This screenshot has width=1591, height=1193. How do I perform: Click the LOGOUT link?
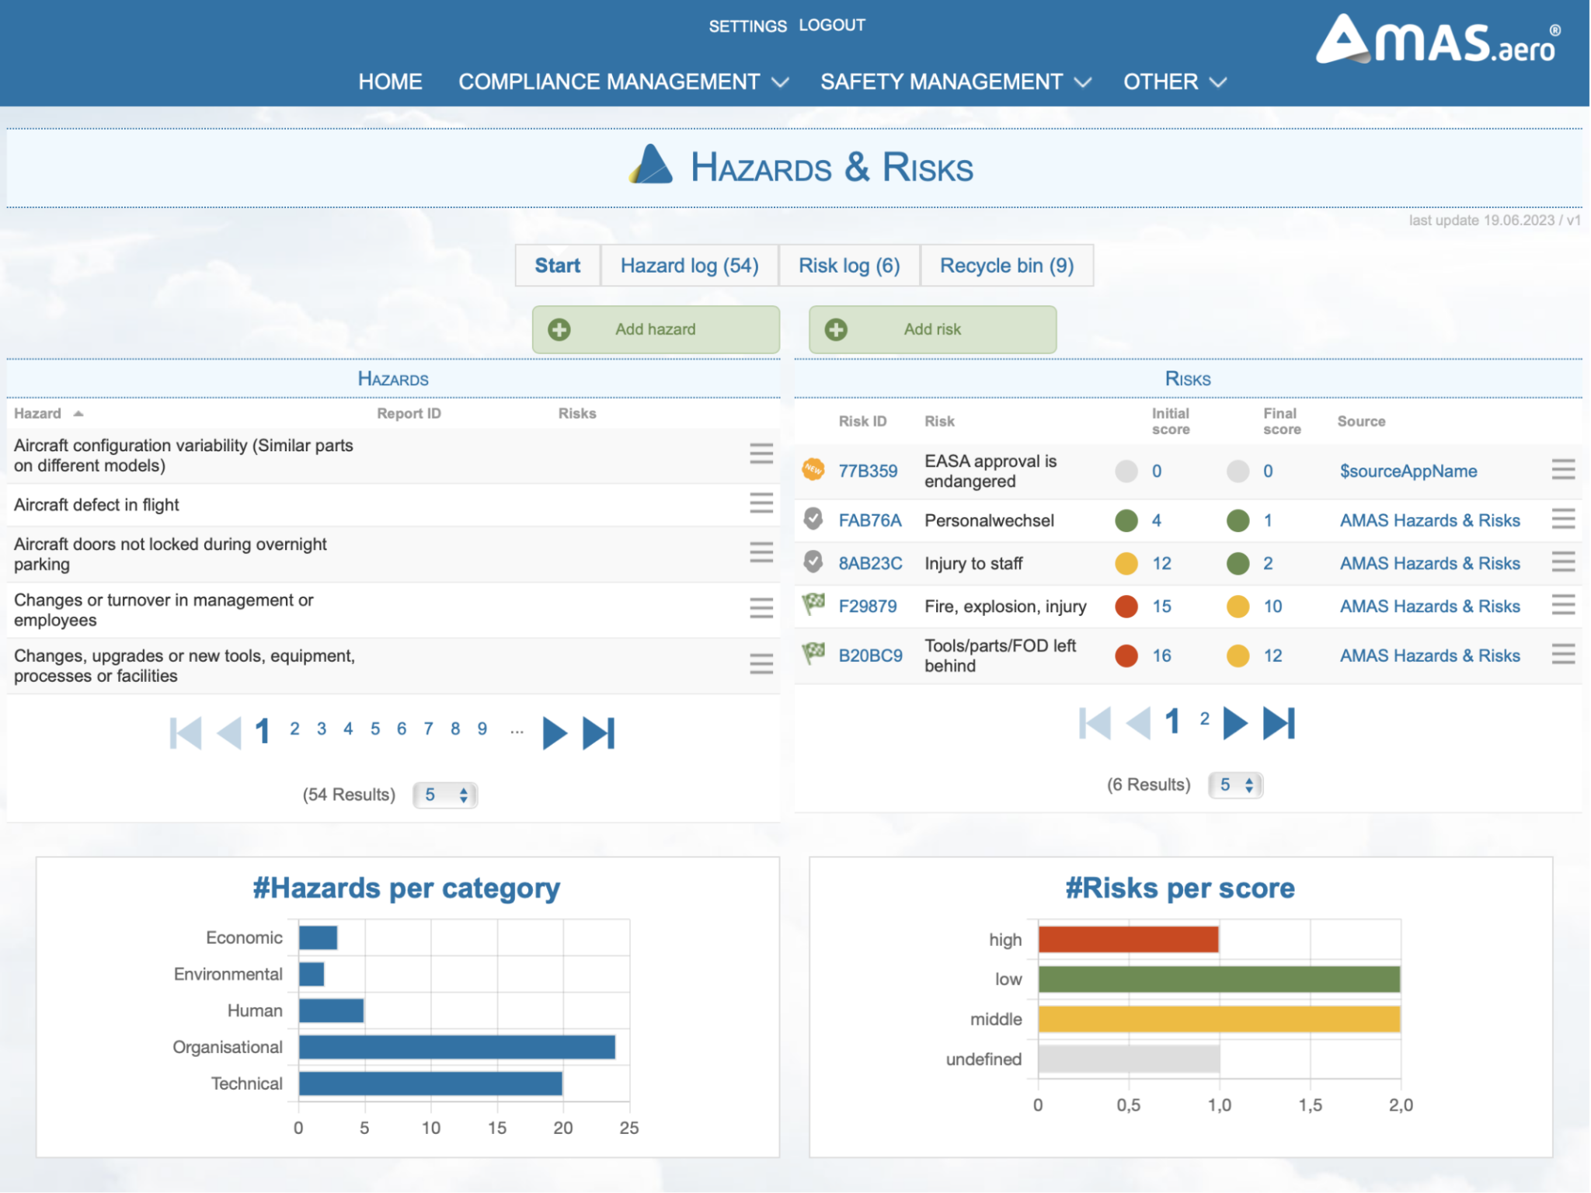tap(831, 26)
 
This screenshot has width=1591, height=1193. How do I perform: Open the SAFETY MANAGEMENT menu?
tap(955, 82)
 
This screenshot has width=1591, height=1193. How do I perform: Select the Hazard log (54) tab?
tap(689, 266)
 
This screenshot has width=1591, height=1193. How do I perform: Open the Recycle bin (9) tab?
tap(1006, 266)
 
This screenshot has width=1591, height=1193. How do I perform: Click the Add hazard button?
tap(655, 329)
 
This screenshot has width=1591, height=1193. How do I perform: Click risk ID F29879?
tap(867, 607)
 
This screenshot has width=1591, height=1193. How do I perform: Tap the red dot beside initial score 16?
tap(1126, 656)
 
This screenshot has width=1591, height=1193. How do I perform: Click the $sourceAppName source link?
tap(1408, 471)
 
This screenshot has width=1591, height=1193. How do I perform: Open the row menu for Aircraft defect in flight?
tap(761, 504)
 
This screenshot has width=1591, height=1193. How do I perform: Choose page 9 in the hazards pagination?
tap(482, 729)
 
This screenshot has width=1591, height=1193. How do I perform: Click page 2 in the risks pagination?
tap(1204, 719)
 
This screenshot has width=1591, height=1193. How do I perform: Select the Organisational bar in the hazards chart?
tap(456, 1047)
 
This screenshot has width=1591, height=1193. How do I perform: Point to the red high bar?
tap(1127, 940)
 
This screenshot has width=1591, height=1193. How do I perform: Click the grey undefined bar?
tap(1128, 1059)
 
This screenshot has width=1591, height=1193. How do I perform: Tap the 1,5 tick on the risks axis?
tap(1310, 1105)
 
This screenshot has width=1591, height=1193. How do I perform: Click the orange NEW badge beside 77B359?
tap(813, 469)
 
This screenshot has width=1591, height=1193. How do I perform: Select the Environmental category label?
tap(228, 975)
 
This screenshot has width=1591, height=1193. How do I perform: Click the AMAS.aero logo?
tap(1437, 40)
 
